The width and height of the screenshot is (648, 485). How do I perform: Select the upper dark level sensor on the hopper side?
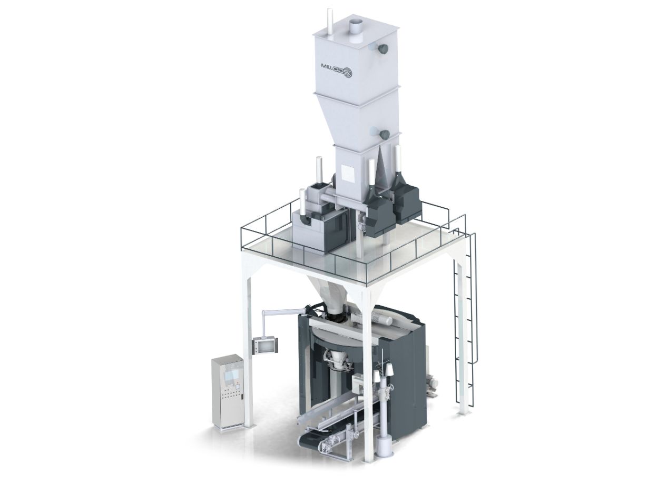[x=383, y=48]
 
